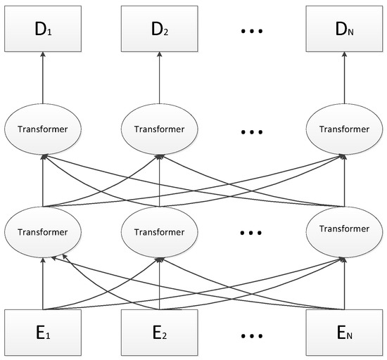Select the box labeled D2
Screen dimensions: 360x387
click(x=161, y=30)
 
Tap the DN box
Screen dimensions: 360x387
click(x=344, y=30)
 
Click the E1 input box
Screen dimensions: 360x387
click(x=44, y=330)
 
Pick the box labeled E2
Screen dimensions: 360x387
click(x=161, y=330)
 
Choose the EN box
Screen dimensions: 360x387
click(x=344, y=330)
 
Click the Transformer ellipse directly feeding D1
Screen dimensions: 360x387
click(x=44, y=130)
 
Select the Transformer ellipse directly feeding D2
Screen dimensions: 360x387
click(x=161, y=130)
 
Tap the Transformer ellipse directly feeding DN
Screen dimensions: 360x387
click(x=344, y=130)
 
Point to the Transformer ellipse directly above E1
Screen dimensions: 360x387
click(x=44, y=231)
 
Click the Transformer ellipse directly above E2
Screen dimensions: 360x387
click(x=161, y=231)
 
